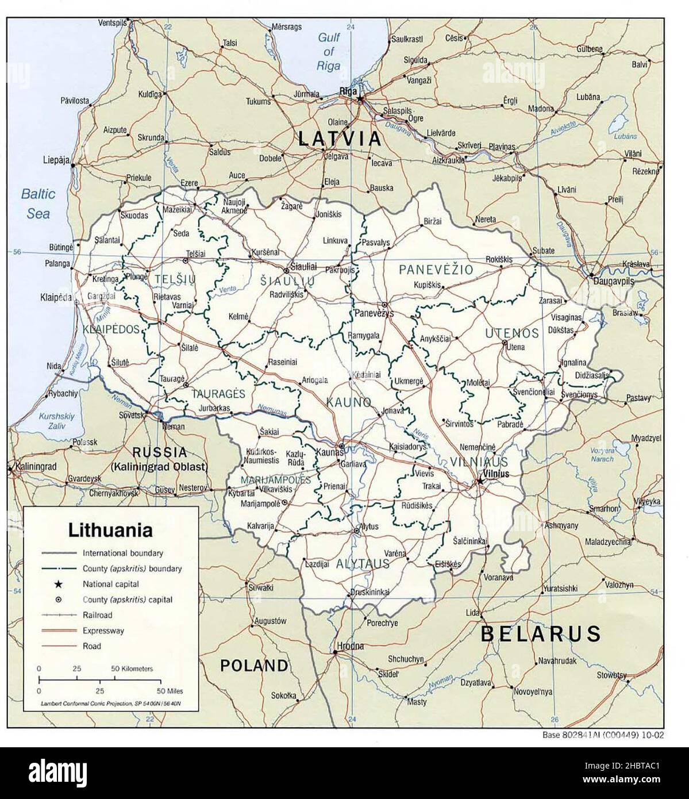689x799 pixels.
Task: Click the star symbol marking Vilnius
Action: tap(478, 481)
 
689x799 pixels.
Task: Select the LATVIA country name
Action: tap(339, 139)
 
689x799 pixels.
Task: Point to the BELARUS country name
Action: tap(540, 633)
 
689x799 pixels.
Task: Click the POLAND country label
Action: tap(254, 666)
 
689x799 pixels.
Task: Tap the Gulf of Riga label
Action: tap(329, 52)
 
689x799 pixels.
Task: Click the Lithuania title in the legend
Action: tap(110, 529)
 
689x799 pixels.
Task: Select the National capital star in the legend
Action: tap(58, 584)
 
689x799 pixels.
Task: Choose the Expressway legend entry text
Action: tap(103, 631)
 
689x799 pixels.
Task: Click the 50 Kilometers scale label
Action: tap(132, 669)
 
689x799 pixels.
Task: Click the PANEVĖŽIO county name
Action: tap(436, 269)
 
